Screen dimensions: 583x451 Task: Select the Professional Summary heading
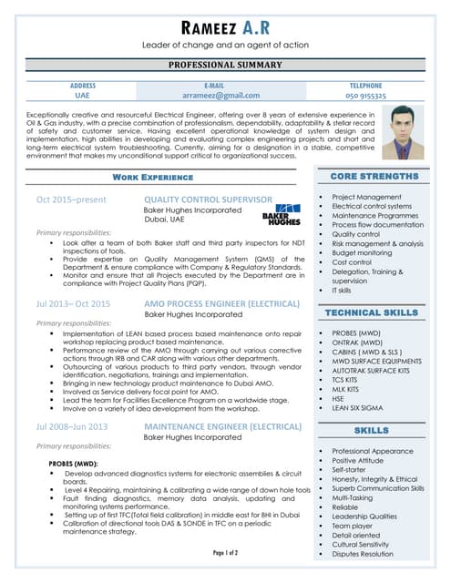click(225, 66)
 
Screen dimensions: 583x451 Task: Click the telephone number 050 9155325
click(365, 95)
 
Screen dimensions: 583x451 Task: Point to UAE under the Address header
click(83, 95)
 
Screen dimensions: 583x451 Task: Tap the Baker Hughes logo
click(281, 213)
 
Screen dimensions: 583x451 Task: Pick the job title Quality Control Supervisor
click(208, 199)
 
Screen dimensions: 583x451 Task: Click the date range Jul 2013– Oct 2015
click(73, 303)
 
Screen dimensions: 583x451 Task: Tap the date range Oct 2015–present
click(71, 199)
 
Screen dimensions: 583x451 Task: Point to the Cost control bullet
click(352, 262)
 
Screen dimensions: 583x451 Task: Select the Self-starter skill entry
click(351, 470)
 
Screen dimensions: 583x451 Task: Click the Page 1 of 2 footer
click(225, 553)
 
